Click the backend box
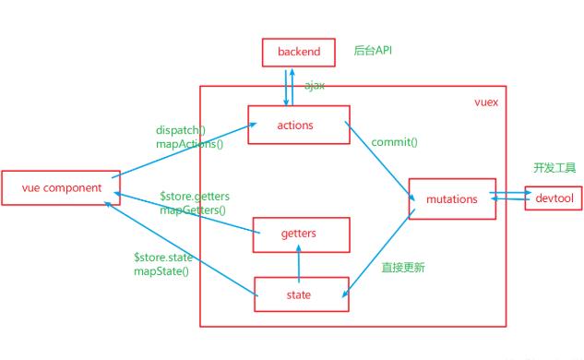297,52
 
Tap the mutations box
452,198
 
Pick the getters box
297,234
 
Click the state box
297,295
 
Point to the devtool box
554,198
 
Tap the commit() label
394,142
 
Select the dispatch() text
181,130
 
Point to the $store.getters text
195,196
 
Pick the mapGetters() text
192,210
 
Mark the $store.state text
162,258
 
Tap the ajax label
315,85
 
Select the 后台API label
374,50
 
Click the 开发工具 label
554,168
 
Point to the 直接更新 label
402,268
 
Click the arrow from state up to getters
298,265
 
